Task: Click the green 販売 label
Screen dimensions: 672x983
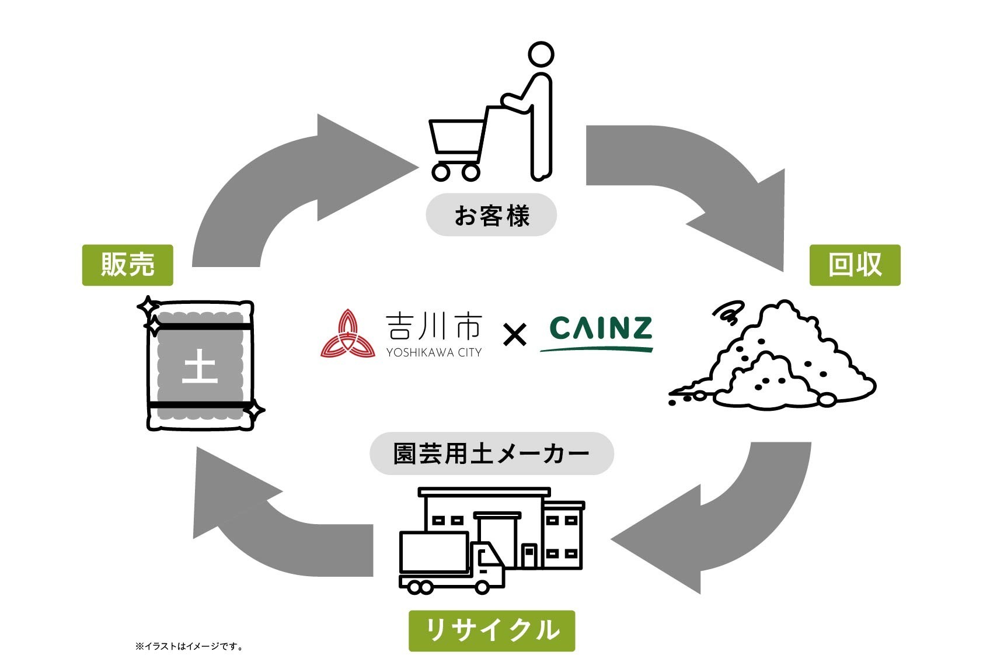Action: click(x=127, y=265)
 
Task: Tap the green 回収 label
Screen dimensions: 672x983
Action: click(x=854, y=265)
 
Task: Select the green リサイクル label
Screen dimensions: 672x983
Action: click(x=491, y=631)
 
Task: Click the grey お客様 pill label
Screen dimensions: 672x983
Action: click(x=491, y=215)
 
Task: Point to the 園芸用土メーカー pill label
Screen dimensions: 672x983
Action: click(x=491, y=453)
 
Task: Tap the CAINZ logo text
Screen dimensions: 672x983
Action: click(x=601, y=328)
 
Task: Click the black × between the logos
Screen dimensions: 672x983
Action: click(x=514, y=335)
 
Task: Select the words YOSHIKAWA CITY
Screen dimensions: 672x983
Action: click(x=434, y=352)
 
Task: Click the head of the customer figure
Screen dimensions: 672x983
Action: click(x=541, y=55)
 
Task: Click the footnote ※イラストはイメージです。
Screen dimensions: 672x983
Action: click(x=189, y=646)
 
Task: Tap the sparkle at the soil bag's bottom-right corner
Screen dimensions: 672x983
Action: click(x=254, y=411)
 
